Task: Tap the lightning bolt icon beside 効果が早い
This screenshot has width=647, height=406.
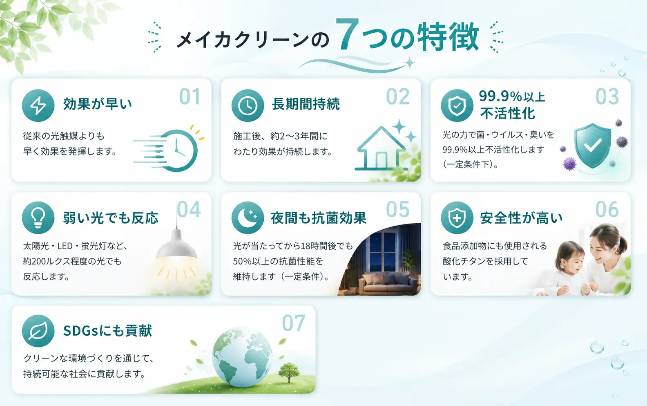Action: pos(38,105)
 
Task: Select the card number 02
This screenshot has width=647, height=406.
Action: pos(398,96)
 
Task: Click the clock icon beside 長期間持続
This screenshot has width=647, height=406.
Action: pos(248,105)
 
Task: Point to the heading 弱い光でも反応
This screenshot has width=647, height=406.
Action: pos(111,218)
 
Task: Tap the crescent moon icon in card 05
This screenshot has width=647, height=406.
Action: pos(248,218)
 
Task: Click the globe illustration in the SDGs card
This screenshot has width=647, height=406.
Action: pos(242,357)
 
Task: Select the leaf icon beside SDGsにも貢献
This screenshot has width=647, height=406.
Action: pos(38,331)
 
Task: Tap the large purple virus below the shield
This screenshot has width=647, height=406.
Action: pos(569,164)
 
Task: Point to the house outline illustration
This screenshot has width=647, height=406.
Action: pos(381,148)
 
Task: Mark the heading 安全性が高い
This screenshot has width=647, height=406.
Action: pos(521,218)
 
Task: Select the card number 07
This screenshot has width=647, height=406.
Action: pos(293,323)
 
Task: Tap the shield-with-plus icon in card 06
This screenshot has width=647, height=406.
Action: pos(457,218)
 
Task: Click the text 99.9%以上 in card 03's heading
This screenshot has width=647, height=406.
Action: pos(512,96)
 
